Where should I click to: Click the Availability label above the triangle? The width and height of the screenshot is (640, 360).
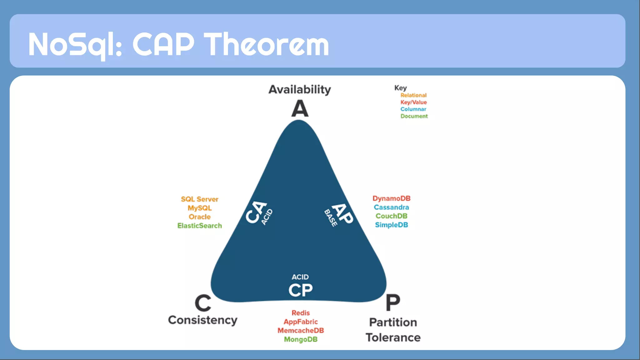pyautogui.click(x=299, y=90)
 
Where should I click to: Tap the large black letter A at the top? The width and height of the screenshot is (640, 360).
pyautogui.click(x=300, y=109)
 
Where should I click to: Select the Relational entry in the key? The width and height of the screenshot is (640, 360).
pyautogui.click(x=413, y=95)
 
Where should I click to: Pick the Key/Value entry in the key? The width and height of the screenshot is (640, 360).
pyautogui.click(x=413, y=102)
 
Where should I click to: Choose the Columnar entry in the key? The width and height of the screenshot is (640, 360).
pyautogui.click(x=413, y=109)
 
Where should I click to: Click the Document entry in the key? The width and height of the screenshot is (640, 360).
pyautogui.click(x=414, y=116)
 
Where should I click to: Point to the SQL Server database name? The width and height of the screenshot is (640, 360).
pyautogui.click(x=199, y=199)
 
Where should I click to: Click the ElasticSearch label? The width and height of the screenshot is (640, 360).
pyautogui.click(x=199, y=226)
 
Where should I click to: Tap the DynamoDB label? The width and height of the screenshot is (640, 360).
pyautogui.click(x=391, y=198)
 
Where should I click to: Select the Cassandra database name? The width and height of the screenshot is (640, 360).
pyautogui.click(x=391, y=207)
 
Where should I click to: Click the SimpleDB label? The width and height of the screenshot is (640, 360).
pyautogui.click(x=391, y=225)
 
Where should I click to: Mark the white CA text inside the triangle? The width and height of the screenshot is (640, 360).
pyautogui.click(x=256, y=212)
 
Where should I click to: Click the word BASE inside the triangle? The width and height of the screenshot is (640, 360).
pyautogui.click(x=331, y=218)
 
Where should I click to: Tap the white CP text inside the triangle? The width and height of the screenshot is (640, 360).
pyautogui.click(x=300, y=290)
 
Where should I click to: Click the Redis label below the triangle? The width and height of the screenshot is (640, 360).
pyautogui.click(x=301, y=313)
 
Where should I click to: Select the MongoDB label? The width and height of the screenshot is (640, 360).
pyautogui.click(x=301, y=339)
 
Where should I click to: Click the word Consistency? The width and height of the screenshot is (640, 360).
pyautogui.click(x=202, y=320)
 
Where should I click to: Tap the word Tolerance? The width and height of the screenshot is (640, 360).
pyautogui.click(x=393, y=337)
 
